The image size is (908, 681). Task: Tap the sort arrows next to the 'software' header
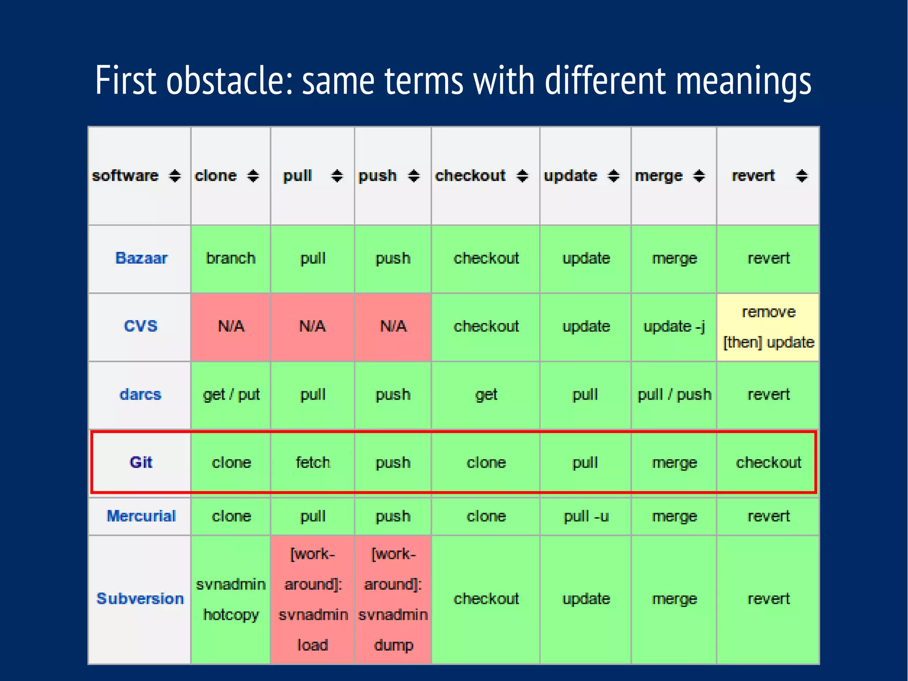tap(175, 176)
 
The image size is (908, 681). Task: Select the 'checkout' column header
tap(470, 176)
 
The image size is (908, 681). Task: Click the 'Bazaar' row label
tap(141, 258)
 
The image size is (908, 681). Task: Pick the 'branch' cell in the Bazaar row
tap(231, 258)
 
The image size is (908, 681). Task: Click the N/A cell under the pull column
tap(313, 327)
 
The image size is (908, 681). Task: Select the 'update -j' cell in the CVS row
tap(674, 327)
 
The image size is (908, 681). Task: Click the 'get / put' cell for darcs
tap(231, 394)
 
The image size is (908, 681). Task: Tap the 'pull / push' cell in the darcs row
tap(674, 394)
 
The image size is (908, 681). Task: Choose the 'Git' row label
tap(141, 462)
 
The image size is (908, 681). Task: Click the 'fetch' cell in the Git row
tap(313, 462)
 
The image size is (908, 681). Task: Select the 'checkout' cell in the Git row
tap(768, 462)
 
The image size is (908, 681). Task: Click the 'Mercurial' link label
tap(141, 516)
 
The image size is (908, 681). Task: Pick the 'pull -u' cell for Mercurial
tap(586, 516)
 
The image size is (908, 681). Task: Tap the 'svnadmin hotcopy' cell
tap(231, 599)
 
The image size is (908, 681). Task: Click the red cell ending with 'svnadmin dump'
tap(393, 599)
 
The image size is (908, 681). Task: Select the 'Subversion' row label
tap(140, 599)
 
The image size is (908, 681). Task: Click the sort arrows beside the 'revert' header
tap(802, 176)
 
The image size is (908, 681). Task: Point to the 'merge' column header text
tap(658, 176)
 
